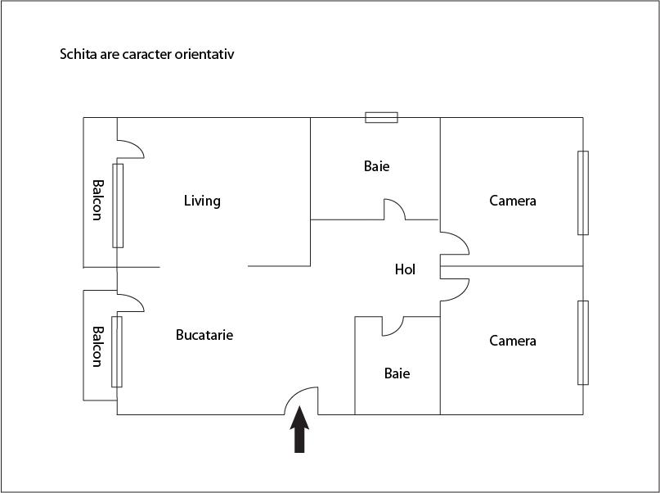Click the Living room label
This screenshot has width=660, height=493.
click(x=202, y=201)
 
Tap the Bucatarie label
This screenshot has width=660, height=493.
click(x=204, y=335)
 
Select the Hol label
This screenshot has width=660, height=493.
click(x=405, y=269)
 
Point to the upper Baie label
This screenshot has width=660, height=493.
click(x=377, y=166)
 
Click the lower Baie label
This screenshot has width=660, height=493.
click(x=397, y=373)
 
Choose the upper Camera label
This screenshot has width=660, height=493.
click(x=513, y=201)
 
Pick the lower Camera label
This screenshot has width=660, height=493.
click(x=513, y=341)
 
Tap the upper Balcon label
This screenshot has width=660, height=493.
click(x=97, y=200)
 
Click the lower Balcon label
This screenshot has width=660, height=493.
click(x=97, y=346)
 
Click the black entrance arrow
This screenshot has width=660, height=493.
click(x=299, y=429)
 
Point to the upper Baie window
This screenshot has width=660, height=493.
click(x=381, y=118)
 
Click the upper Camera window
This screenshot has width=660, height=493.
click(x=583, y=192)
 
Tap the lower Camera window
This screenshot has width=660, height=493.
click(x=583, y=342)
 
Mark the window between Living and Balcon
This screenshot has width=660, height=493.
click(x=118, y=206)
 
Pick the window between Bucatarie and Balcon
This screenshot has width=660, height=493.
click(x=117, y=351)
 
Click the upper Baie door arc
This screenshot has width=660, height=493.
click(x=395, y=210)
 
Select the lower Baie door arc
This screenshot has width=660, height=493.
click(x=393, y=326)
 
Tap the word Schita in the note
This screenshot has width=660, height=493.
click(x=78, y=54)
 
